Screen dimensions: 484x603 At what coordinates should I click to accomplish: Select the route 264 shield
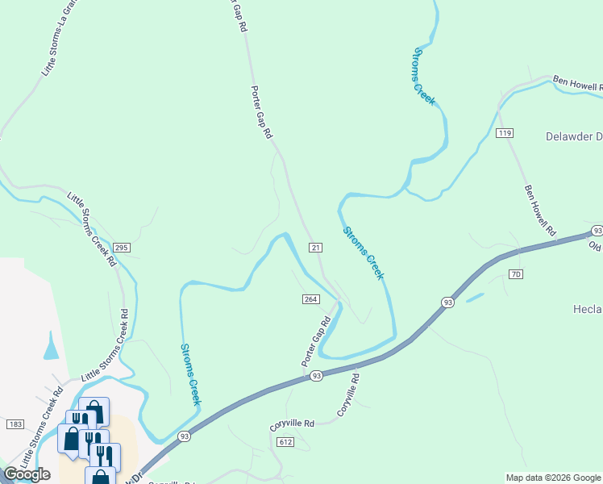pyautogui.click(x=311, y=299)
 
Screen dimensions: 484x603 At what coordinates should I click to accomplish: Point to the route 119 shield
pyautogui.click(x=505, y=133)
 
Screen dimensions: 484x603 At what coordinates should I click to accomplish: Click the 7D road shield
pyautogui.click(x=516, y=274)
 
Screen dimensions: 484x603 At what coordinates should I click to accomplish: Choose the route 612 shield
pyautogui.click(x=285, y=442)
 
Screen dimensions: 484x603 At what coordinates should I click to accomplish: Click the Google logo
pyautogui.click(x=27, y=474)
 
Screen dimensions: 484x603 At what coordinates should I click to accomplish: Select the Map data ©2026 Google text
pyautogui.click(x=553, y=478)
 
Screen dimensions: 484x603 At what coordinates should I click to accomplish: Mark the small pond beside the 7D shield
pyautogui.click(x=475, y=297)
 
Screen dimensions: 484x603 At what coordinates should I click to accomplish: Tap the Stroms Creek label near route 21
pyautogui.click(x=363, y=252)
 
